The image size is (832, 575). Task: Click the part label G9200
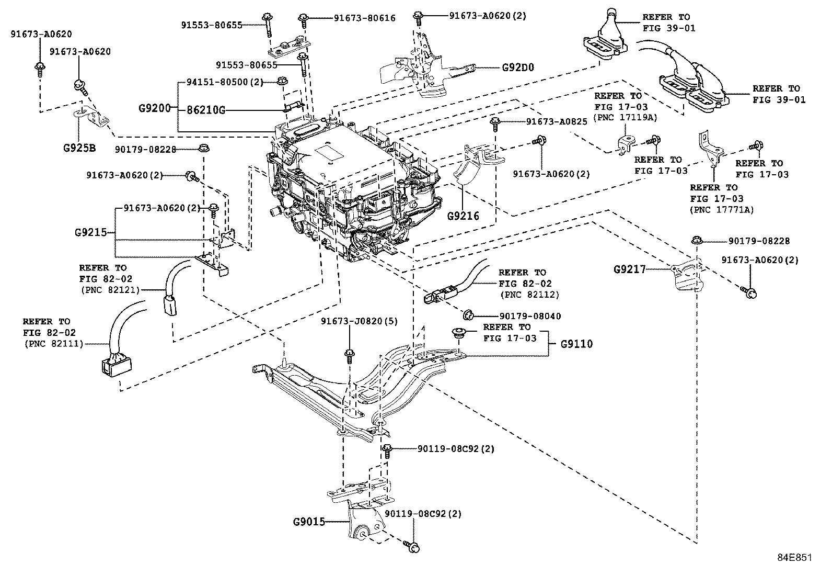click(x=155, y=108)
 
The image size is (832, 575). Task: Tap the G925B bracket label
click(x=79, y=147)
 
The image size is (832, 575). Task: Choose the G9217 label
click(x=630, y=269)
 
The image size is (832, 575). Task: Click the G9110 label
click(x=576, y=344)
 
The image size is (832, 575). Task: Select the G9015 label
click(x=309, y=521)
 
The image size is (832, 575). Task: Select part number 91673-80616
click(x=364, y=18)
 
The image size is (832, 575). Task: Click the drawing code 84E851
click(x=794, y=558)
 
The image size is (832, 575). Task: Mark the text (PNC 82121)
click(x=110, y=289)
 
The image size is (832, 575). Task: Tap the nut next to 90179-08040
click(x=467, y=314)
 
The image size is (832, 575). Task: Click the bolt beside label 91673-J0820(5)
click(x=349, y=356)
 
